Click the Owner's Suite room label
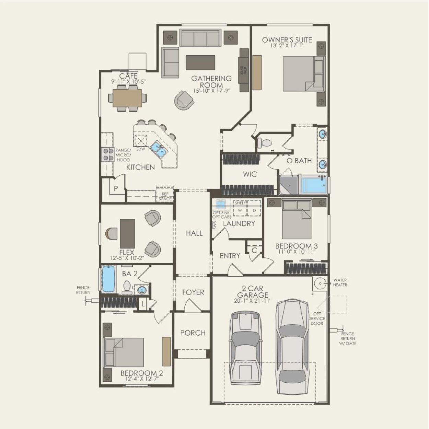click(x=287, y=40)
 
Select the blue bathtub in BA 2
click(x=109, y=279)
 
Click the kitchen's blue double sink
click(x=158, y=148)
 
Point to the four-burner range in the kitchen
click(x=107, y=154)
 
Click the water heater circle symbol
click(x=320, y=283)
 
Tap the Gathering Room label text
click(x=211, y=82)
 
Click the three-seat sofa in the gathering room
click(x=200, y=38)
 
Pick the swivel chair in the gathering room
click(x=184, y=100)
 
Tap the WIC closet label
click(x=250, y=174)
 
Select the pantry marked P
click(x=116, y=188)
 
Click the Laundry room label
click(x=239, y=223)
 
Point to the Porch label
click(x=193, y=333)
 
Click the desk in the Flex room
click(x=127, y=233)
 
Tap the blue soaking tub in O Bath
click(x=313, y=185)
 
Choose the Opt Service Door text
click(x=316, y=318)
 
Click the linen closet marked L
click(x=143, y=303)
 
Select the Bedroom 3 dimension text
click(x=297, y=252)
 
